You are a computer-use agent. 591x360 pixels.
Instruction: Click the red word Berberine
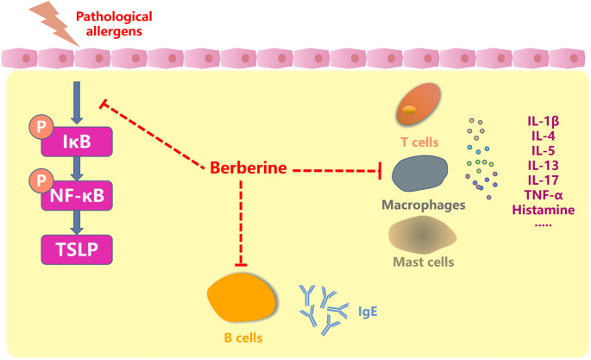[248, 167]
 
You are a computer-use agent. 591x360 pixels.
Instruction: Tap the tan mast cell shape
[423, 234]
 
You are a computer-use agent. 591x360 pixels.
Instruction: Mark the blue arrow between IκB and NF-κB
[78, 166]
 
